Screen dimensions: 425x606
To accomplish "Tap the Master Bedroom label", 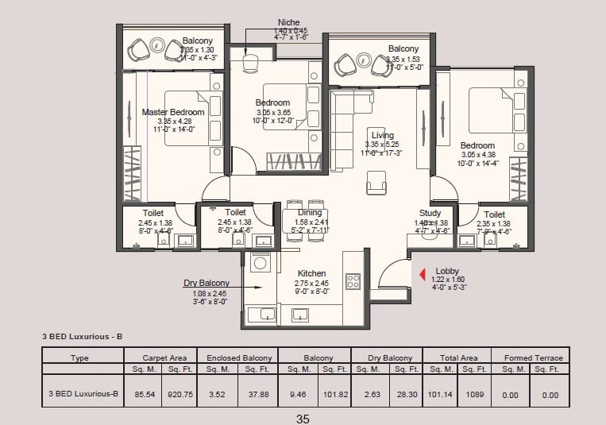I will click(x=173, y=112).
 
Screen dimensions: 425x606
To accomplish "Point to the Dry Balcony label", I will click(x=207, y=283).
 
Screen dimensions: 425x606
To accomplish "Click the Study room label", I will click(x=430, y=214).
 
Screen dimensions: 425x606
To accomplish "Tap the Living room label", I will click(x=382, y=135).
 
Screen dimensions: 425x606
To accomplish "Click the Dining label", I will click(x=310, y=213).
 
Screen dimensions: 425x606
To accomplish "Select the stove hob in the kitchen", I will click(x=353, y=280).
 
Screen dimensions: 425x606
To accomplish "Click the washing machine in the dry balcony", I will click(x=259, y=262).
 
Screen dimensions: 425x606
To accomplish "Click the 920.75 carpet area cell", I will click(x=177, y=392).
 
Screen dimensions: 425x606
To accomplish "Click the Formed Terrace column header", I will click(x=533, y=358).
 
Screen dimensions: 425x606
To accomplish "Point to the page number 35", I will click(x=302, y=418).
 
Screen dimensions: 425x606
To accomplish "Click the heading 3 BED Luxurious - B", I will click(x=83, y=337).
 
